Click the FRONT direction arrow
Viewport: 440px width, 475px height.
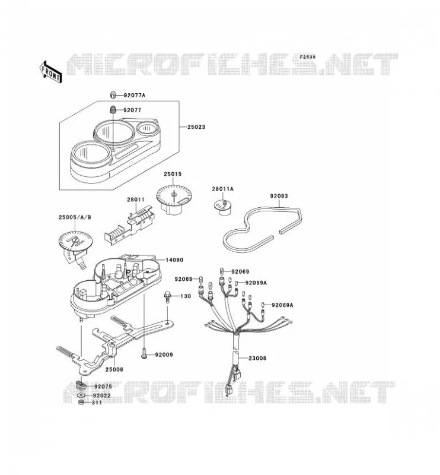pos(50,72)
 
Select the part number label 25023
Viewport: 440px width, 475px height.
pos(196,127)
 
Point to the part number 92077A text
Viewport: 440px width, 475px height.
pos(135,95)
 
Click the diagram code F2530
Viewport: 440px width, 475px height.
pos(307,57)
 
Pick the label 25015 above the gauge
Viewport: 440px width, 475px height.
pos(173,174)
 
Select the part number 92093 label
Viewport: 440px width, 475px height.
pos(279,197)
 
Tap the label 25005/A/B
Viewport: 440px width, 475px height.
pos(75,217)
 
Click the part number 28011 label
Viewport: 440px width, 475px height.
pos(136,199)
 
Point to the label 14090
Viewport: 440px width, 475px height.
pos(174,260)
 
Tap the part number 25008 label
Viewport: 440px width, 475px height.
pos(114,369)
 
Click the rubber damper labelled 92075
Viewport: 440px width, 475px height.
pos(81,385)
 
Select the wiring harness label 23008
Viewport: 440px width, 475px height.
pos(257,358)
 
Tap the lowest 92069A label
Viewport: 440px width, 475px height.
pos(282,305)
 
